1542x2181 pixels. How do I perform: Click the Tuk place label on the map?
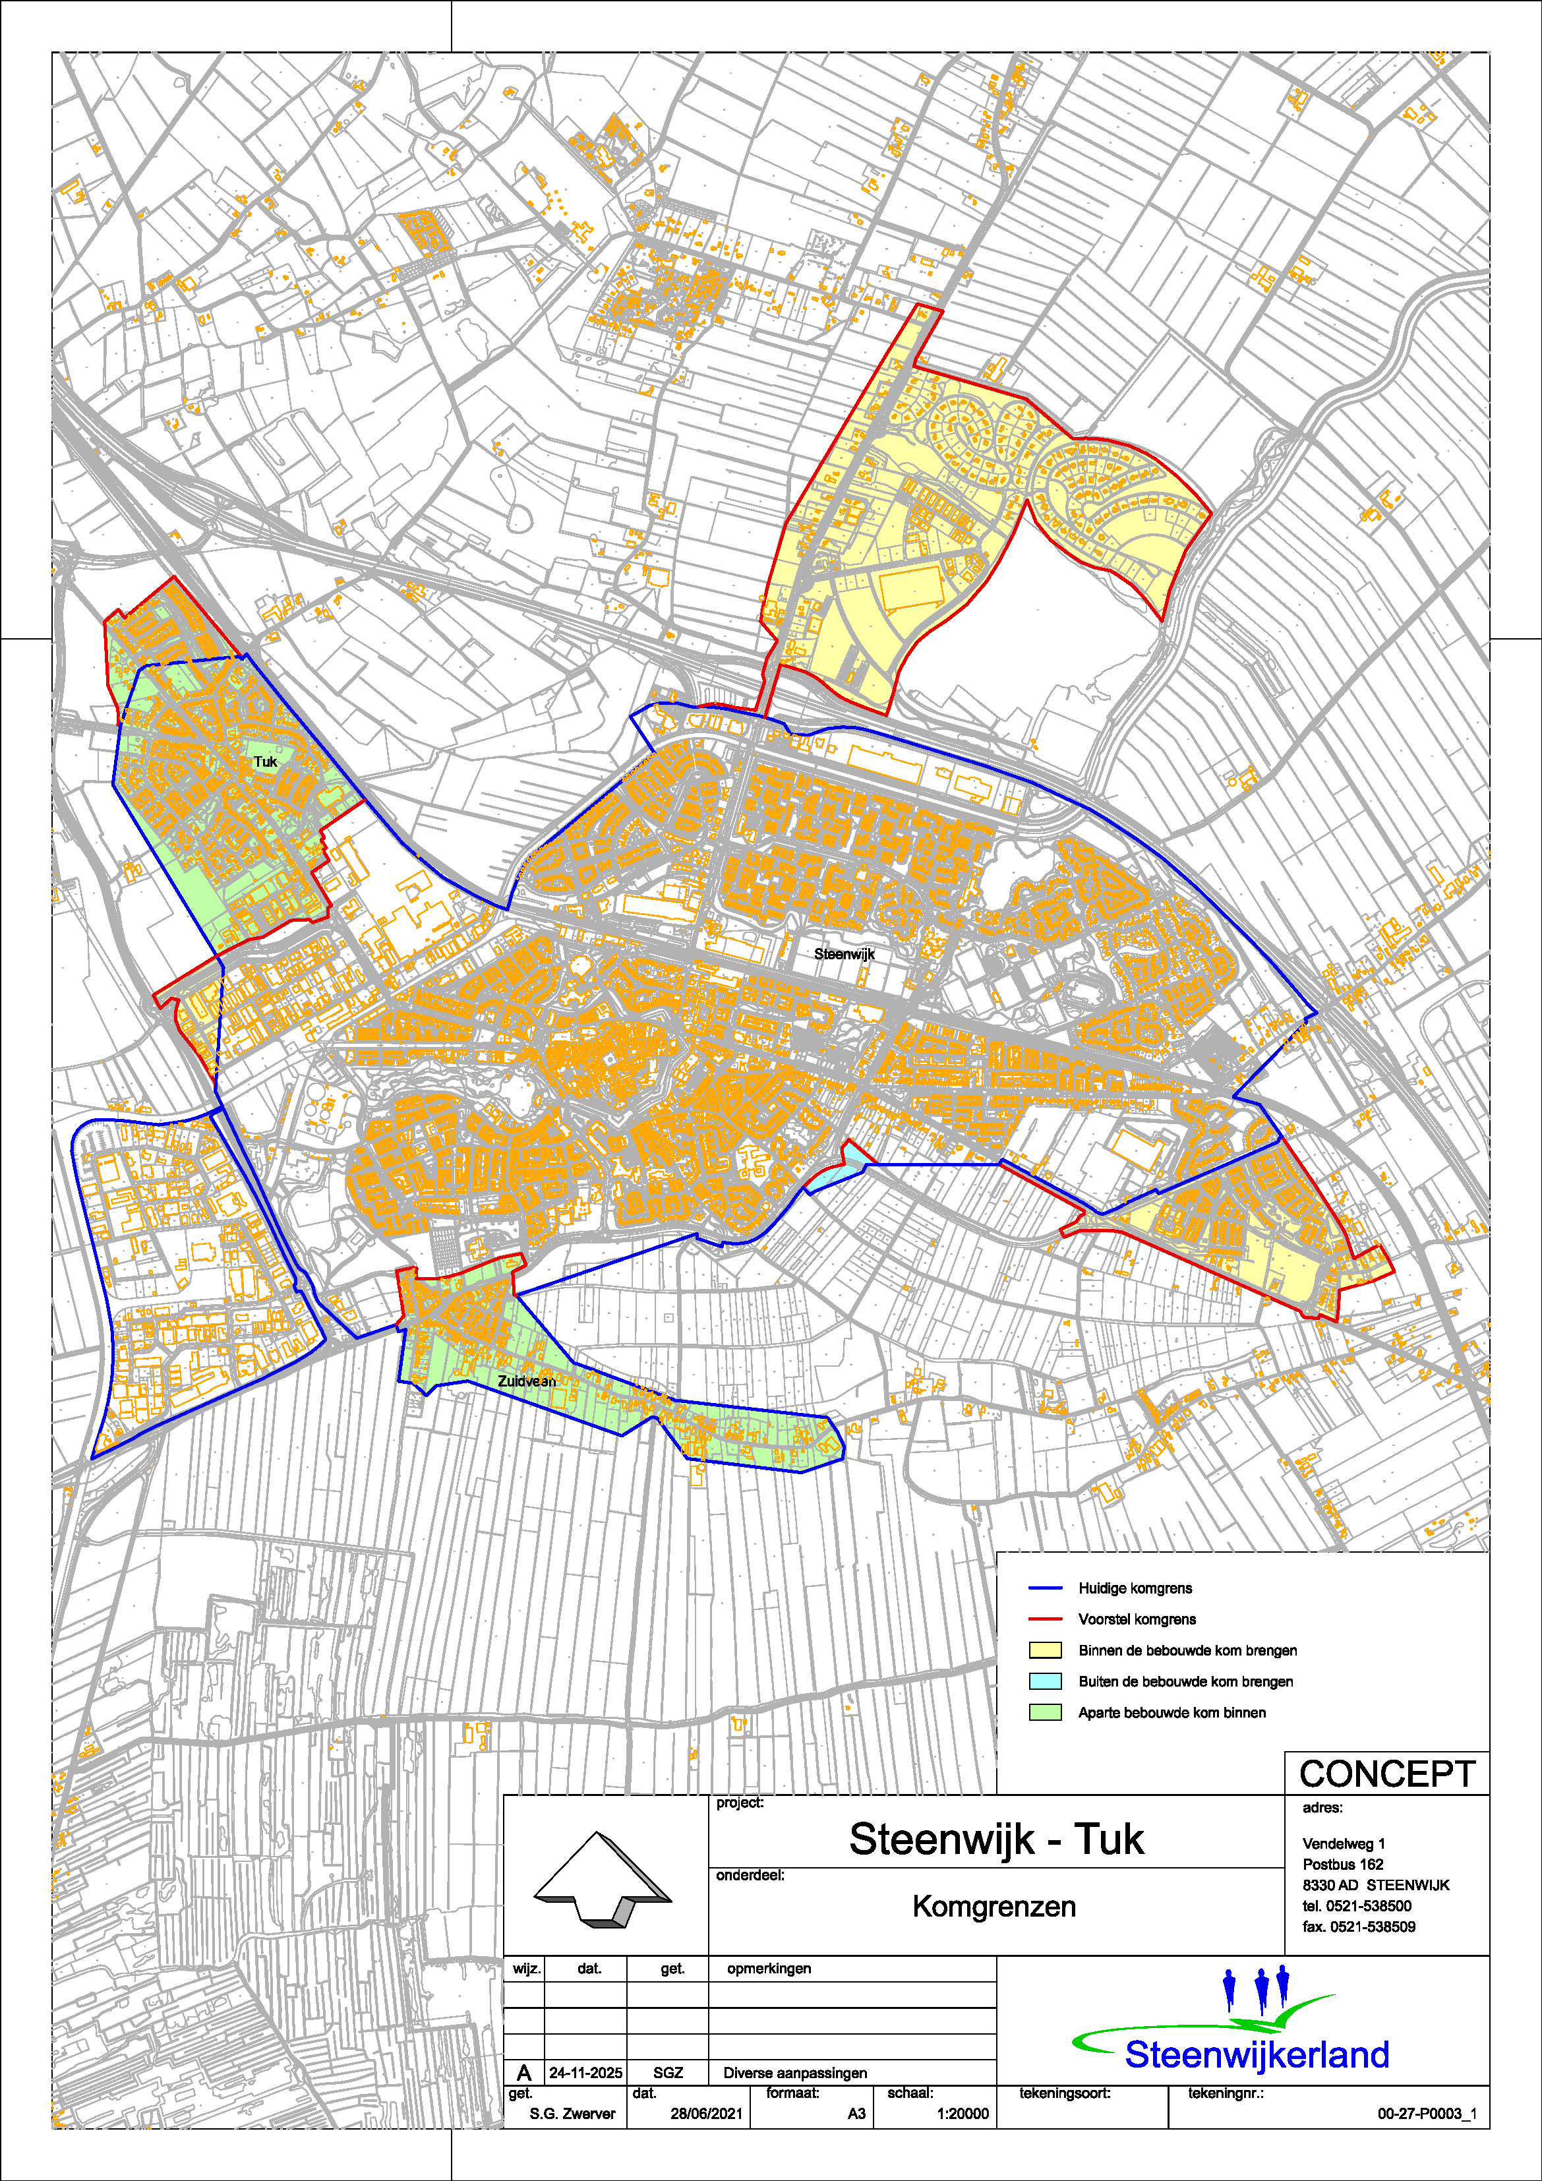265,762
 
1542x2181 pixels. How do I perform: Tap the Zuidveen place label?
526,1381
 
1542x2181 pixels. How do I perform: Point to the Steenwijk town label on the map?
844,954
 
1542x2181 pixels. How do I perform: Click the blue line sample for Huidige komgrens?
1045,1588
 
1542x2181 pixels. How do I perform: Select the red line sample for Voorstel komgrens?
1045,1619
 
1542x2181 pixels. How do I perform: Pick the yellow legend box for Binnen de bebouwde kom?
1045,1650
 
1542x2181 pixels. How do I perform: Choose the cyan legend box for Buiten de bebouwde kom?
1045,1681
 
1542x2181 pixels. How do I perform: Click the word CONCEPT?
1386,1774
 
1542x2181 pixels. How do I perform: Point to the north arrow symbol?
603,1879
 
